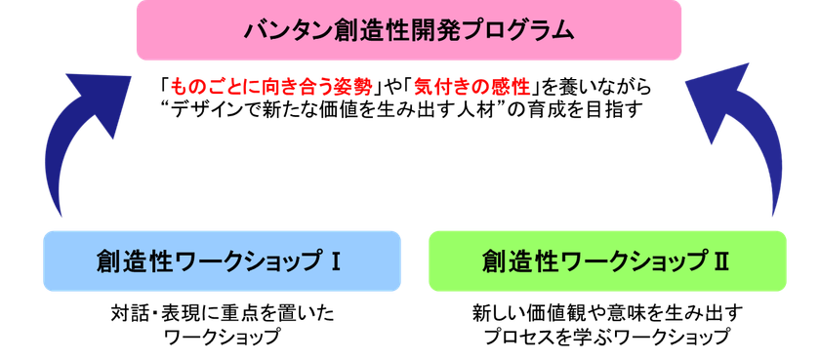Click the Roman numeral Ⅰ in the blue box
[x=335, y=260]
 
